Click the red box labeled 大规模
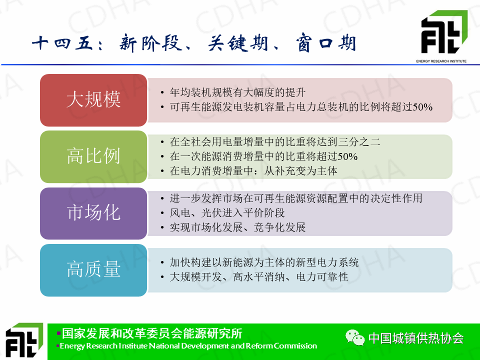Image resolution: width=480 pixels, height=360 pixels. coord(93,100)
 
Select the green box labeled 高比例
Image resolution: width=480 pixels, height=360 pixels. coord(93,156)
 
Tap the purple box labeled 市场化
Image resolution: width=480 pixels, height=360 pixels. coord(93,213)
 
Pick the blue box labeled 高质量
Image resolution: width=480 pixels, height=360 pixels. coord(93,270)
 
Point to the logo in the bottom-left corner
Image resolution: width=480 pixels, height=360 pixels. coord(24,340)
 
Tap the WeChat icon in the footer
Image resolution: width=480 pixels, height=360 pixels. coord(355,337)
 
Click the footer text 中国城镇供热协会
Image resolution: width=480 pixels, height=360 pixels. coord(416,338)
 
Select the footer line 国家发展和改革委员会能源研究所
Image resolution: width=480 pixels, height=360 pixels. coord(152,333)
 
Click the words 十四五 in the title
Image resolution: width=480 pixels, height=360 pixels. coord(62,43)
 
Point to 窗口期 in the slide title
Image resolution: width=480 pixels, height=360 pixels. coord(325,42)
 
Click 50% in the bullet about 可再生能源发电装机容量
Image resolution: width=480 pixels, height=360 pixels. coord(423,107)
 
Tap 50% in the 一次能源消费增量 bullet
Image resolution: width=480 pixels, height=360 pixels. coord(348,156)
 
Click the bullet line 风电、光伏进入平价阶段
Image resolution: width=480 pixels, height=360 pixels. coord(227,213)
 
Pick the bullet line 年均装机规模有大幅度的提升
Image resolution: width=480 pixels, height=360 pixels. coord(238,92)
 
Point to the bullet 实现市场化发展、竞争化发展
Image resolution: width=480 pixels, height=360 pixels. coord(238,227)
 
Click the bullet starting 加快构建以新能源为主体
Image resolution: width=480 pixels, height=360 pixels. coord(264,262)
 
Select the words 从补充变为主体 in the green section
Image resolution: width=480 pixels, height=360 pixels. coord(300,171)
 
